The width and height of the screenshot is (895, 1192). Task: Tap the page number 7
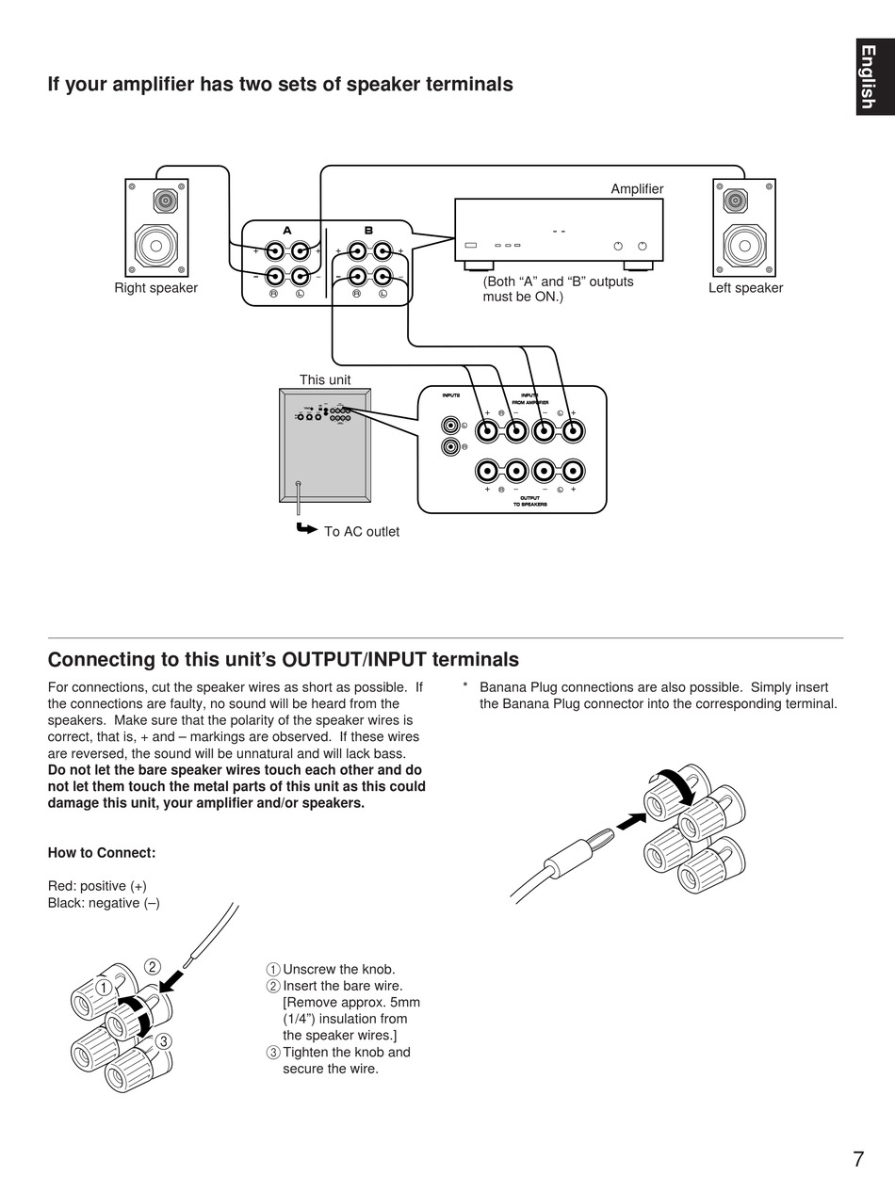858,1159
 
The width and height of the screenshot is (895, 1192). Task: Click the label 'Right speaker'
155,288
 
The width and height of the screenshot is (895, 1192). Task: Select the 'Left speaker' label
745,288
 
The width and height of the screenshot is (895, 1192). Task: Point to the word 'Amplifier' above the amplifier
637,189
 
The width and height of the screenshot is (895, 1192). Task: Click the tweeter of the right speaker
166,201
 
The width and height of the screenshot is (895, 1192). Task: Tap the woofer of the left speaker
744,245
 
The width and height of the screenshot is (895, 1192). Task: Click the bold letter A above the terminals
287,231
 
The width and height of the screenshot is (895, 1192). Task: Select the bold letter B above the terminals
368,231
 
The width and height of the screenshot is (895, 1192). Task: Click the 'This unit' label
325,380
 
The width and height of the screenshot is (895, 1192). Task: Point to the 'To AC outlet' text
362,532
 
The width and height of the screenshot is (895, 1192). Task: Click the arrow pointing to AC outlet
306,528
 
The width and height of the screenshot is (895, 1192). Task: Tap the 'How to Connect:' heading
102,853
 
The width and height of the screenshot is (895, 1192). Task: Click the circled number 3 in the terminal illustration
164,1040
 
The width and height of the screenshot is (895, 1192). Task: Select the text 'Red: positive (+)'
97,886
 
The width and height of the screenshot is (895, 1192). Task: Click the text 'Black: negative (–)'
104,903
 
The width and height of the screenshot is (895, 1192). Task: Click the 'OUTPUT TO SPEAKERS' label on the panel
529,501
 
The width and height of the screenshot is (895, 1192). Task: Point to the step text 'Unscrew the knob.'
338,970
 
